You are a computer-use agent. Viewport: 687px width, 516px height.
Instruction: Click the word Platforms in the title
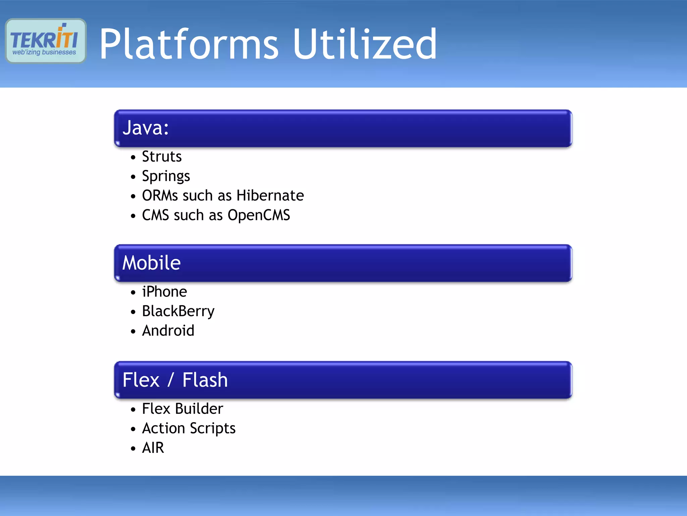[x=189, y=44]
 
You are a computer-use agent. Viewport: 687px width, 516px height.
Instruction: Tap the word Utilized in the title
[x=365, y=44]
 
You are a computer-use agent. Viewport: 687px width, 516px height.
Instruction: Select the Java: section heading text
[x=146, y=128]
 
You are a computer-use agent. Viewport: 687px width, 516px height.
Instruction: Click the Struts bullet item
[x=162, y=157]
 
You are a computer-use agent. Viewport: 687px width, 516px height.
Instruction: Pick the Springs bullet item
[x=166, y=176]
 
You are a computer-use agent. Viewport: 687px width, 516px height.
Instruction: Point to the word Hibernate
[x=270, y=196]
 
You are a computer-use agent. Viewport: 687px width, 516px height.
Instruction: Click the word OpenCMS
[x=259, y=215]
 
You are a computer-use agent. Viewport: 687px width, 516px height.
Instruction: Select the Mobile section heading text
[x=151, y=263]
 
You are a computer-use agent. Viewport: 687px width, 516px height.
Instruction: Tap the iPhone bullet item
[x=164, y=292]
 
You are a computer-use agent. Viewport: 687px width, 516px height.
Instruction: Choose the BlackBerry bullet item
[x=178, y=311]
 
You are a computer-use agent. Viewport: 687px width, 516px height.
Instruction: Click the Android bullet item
[x=168, y=331]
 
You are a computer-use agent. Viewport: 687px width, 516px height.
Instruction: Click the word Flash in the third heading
[x=205, y=380]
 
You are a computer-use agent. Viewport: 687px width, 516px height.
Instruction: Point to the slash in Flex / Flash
[x=171, y=380]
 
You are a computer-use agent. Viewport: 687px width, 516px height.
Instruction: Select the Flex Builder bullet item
[x=182, y=409]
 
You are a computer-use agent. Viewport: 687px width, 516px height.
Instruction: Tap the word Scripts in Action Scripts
[x=213, y=429]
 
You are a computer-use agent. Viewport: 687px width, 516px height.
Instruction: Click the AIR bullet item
[x=153, y=448]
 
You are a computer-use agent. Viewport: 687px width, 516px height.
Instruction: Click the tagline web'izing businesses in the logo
[x=44, y=52]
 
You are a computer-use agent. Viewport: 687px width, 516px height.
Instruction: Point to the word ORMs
[x=160, y=196]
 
